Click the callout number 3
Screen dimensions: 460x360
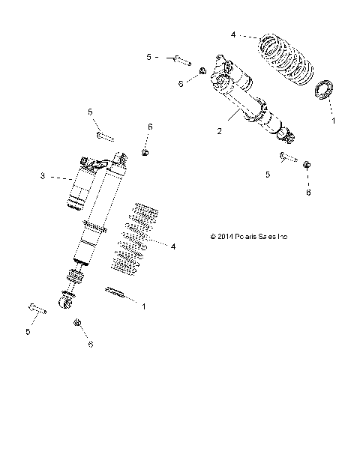tap(64, 176)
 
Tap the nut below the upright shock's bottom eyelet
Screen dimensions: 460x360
tap(78, 323)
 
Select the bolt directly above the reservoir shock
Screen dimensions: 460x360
tap(105, 137)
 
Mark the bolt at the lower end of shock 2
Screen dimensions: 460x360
tap(287, 157)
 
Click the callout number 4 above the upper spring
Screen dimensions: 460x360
tap(233, 34)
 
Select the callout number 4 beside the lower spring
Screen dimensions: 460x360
tap(173, 246)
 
